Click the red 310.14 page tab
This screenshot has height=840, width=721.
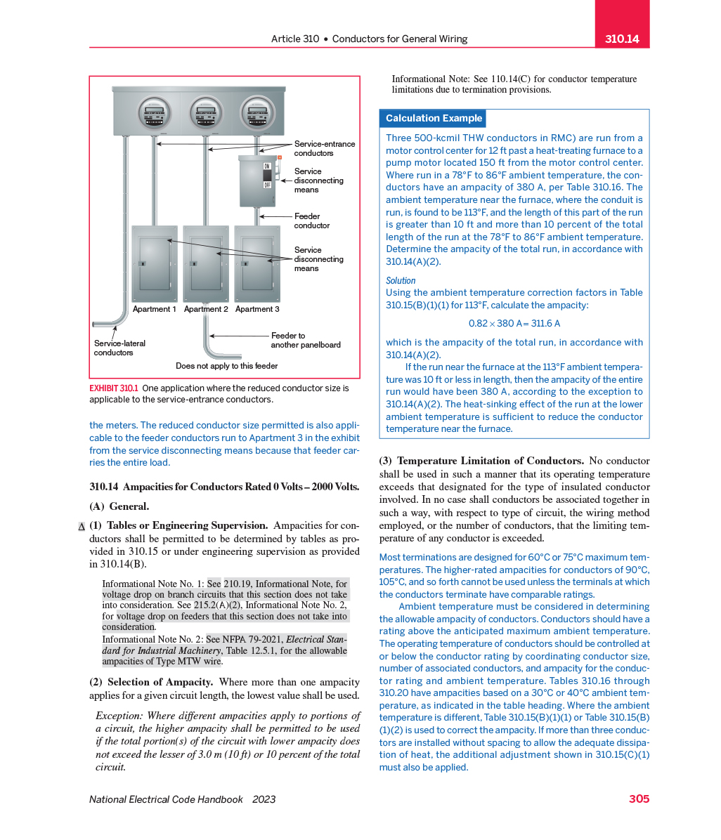[622, 39]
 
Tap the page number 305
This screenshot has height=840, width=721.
[639, 799]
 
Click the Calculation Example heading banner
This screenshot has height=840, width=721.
[434, 118]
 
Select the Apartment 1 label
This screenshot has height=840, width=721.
[155, 309]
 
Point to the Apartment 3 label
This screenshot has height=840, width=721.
[257, 309]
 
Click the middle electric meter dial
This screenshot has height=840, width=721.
[206, 113]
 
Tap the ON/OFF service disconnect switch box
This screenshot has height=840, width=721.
[257, 181]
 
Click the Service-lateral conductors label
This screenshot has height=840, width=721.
[119, 348]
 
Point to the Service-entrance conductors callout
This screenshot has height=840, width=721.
[324, 148]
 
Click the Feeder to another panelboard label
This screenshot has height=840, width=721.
[305, 340]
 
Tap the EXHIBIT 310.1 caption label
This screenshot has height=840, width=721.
[114, 388]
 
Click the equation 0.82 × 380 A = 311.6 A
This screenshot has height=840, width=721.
[514, 324]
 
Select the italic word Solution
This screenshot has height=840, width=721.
[401, 280]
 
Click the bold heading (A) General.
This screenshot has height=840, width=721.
[119, 506]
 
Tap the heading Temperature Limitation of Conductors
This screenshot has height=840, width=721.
[490, 461]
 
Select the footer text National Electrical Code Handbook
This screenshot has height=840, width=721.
[166, 799]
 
